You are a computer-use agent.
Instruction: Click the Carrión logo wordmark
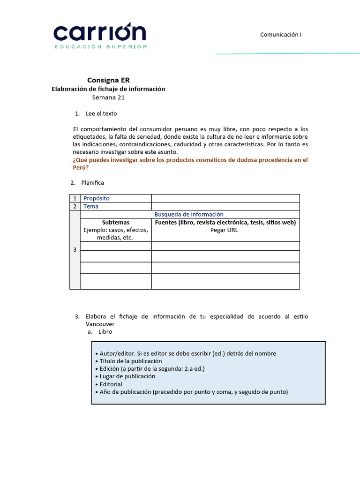[100, 33]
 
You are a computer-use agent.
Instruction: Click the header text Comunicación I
[284, 34]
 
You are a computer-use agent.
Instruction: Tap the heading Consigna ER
[108, 80]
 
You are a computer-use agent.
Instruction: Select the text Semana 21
[108, 97]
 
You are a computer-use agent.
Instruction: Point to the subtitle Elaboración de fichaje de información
[108, 89]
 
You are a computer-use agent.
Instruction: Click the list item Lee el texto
[101, 113]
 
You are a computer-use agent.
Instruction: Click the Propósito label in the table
[97, 198]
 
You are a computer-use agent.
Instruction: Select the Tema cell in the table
[91, 206]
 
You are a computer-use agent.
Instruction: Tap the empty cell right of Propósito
[225, 198]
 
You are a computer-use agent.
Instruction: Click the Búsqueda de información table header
[189, 214]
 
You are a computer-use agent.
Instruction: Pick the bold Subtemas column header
[116, 222]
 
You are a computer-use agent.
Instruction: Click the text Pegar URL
[225, 230]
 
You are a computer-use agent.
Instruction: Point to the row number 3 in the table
[75, 250]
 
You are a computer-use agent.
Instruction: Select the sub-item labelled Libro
[105, 331]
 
